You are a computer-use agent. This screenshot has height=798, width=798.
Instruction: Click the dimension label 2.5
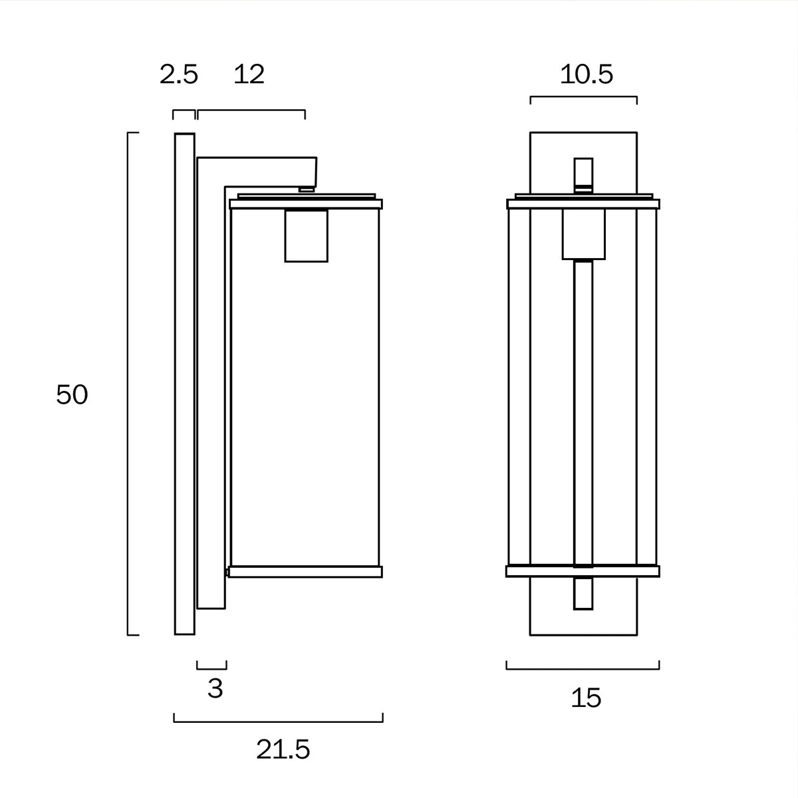pos(179,74)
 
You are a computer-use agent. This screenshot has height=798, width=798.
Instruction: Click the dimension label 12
pos(249,74)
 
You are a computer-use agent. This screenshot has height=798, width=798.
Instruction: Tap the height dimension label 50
pos(72,395)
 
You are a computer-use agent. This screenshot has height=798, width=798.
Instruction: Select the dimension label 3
pos(215,688)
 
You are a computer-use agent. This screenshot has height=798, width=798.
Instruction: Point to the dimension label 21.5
pos(283,750)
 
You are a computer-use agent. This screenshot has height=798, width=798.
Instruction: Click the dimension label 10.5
pos(586,74)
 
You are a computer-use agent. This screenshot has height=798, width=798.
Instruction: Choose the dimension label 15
pos(586,698)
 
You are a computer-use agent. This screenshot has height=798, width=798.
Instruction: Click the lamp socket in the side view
pos(307,235)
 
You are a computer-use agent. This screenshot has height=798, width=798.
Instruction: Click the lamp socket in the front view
pos(583,234)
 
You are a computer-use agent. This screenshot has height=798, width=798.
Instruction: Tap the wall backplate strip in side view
pos(184,384)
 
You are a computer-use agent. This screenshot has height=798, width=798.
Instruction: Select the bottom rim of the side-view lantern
pos(305,571)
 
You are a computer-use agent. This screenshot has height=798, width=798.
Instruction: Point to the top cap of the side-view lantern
pos(305,203)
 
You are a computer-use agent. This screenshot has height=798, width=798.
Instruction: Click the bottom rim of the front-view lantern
pos(583,571)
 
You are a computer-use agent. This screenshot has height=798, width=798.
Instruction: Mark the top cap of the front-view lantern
pos(583,203)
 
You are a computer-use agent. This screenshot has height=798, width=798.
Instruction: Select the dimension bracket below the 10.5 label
pos(583,97)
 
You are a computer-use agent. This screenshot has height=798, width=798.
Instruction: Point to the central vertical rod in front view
pos(583,412)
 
